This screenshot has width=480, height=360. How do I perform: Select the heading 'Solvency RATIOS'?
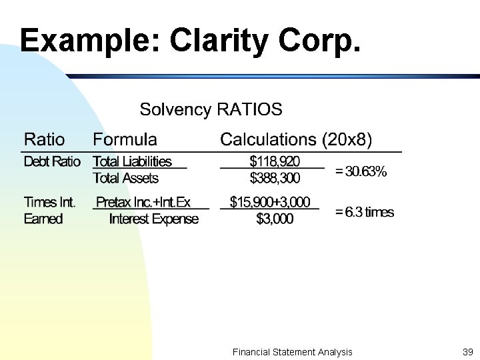211,109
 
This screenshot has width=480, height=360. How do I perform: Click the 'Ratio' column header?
45,140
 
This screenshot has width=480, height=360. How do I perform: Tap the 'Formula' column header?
125,140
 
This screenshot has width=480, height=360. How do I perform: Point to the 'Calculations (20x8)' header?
296,140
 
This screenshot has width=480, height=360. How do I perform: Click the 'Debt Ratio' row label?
52,162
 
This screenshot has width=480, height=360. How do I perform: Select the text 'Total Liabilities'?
132,162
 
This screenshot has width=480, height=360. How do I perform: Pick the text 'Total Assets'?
125,179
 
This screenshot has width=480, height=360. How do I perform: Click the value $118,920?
275,161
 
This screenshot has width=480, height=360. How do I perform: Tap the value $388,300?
275,179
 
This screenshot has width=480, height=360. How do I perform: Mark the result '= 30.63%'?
361,171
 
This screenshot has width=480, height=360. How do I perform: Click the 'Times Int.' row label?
50,202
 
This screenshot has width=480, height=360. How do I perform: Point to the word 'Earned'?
43,219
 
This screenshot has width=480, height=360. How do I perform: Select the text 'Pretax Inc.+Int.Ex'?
143,202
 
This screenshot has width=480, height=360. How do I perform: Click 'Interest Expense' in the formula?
153,219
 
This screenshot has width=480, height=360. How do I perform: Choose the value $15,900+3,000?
270,202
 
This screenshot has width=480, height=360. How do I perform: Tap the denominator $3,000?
275,219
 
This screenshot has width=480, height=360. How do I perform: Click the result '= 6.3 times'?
365,212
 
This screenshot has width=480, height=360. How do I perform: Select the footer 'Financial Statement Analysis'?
292,352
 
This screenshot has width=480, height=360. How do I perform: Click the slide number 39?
467,352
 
